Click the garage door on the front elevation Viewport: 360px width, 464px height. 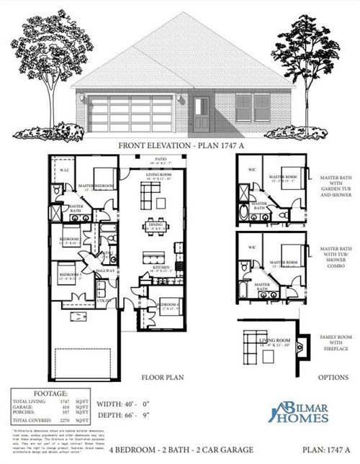pos(130,114)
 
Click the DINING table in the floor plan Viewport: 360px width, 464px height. pos(153,224)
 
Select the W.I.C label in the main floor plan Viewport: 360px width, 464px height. pos(64,170)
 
